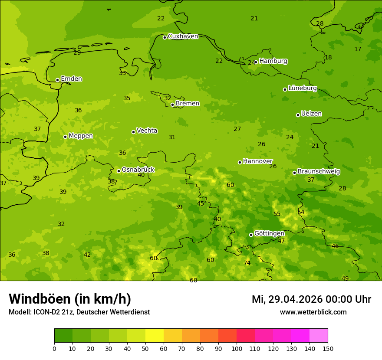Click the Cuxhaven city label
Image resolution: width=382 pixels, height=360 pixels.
point(183,36)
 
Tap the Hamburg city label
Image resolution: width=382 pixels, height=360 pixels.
point(273,61)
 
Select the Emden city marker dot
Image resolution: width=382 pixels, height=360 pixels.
point(57,80)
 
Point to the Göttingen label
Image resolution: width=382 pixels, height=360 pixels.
point(269,233)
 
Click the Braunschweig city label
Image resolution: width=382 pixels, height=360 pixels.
point(319,172)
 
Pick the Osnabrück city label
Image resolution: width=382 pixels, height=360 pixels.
point(138,170)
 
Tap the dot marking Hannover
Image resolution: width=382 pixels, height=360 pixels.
point(240,162)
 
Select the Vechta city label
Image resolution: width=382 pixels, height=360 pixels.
point(147,131)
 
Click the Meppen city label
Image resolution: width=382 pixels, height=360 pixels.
point(81,136)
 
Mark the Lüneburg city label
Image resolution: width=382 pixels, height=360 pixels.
point(302,88)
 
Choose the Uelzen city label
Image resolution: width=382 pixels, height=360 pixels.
point(311,114)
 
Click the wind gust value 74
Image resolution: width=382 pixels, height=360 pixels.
point(247,263)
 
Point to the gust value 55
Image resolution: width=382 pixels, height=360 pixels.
point(277,214)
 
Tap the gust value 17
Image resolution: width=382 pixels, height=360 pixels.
point(358,49)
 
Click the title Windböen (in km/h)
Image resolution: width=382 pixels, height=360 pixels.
point(70,299)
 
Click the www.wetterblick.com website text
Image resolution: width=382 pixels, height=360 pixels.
point(313,312)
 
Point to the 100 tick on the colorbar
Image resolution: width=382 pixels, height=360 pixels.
point(237,348)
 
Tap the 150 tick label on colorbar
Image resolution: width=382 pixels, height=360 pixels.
point(328,348)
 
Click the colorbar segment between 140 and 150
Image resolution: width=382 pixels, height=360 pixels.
point(319,336)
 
